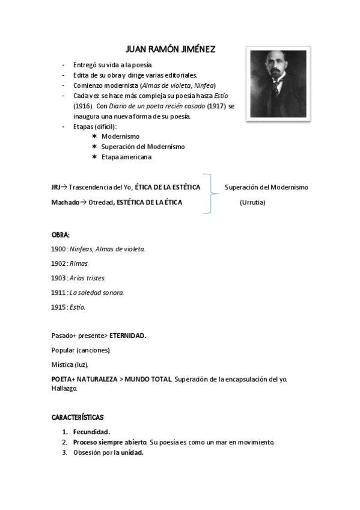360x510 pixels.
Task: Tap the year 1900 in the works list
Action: [x=58, y=248]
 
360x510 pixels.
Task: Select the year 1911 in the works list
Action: [x=58, y=292]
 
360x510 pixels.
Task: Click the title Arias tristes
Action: [x=88, y=278]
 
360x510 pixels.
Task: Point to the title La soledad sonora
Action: [x=97, y=292]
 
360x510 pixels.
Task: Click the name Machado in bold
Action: [x=65, y=202]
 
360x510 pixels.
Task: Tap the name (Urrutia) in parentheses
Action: [x=252, y=202]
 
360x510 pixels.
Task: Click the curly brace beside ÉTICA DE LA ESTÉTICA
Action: [x=209, y=194]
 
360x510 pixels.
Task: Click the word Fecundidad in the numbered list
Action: [x=91, y=431]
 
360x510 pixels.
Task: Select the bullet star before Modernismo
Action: [x=94, y=137]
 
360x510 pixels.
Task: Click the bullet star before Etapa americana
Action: [x=94, y=157]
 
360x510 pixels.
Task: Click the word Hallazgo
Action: [x=65, y=388]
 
